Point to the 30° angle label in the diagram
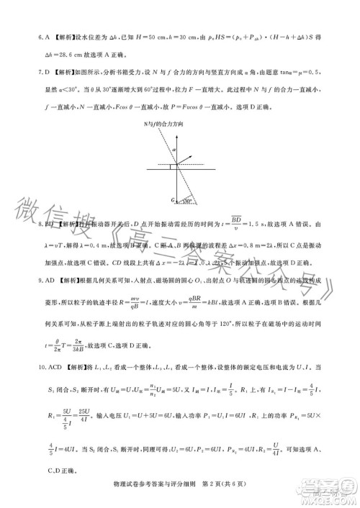189,199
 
